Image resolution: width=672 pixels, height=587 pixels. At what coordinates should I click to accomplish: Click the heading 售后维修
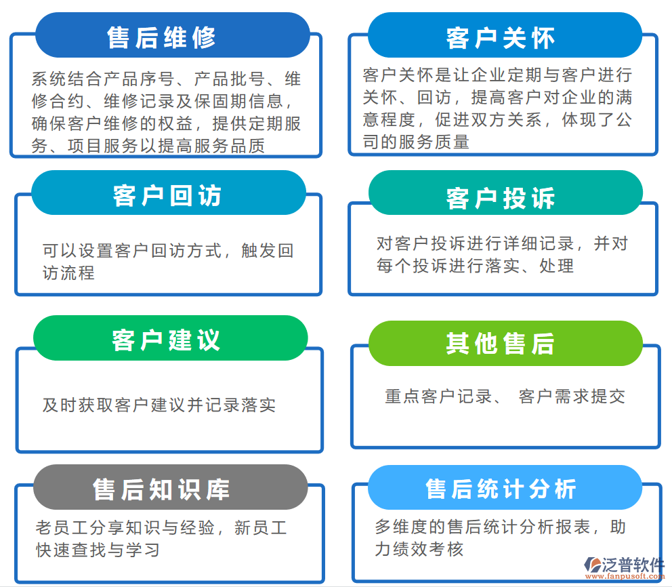tap(161, 37)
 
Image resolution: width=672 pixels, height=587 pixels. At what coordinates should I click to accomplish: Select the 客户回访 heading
tap(167, 195)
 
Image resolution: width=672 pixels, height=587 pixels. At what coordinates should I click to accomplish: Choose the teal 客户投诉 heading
tap(501, 198)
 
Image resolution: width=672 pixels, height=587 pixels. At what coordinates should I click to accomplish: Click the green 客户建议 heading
tap(166, 340)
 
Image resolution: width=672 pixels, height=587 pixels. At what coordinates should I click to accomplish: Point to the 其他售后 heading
tap(501, 343)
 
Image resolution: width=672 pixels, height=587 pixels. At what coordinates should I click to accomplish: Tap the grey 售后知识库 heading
tap(161, 489)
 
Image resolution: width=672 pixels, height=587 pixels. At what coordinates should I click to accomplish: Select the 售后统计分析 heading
tap(501, 489)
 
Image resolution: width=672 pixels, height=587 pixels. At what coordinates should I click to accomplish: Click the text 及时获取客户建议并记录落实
tap(159, 405)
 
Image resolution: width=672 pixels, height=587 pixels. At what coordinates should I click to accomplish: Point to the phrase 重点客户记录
tap(438, 397)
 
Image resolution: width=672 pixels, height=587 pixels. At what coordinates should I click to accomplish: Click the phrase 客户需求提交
tap(572, 397)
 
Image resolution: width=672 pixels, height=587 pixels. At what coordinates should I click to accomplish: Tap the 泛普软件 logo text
tap(633, 564)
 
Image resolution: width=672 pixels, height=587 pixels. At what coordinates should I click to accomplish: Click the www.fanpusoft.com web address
tap(625, 576)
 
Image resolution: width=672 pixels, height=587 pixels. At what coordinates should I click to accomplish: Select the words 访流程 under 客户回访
tap(68, 272)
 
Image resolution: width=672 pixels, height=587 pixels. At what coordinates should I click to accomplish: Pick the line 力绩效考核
tap(419, 549)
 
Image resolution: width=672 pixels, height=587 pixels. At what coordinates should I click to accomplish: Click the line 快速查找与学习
tap(98, 550)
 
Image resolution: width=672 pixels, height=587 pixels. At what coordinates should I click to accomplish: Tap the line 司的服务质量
tap(416, 142)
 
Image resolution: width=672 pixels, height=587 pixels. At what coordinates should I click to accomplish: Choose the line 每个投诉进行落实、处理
tap(476, 266)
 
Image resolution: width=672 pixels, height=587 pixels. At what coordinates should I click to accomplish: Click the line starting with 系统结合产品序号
tap(166, 79)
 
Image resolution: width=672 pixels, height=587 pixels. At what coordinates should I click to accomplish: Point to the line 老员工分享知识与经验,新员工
tap(161, 527)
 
